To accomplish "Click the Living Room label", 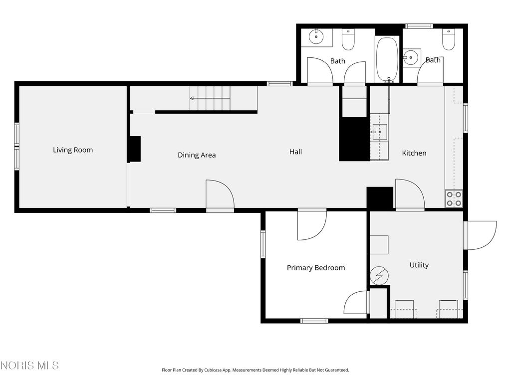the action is click(73, 150).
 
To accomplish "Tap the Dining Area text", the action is click(197, 155).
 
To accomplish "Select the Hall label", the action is click(295, 152).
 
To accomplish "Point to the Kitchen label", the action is click(414, 153).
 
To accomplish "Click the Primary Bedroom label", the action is click(316, 268).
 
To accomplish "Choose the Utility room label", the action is click(419, 265).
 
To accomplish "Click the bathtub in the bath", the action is click(387, 59).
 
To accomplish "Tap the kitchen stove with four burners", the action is click(454, 198).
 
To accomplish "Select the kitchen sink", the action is click(379, 132).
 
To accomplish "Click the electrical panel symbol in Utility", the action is click(379, 276).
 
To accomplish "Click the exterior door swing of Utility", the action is click(482, 235).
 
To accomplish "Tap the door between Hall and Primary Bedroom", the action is click(312, 226).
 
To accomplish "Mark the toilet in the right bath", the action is click(448, 39).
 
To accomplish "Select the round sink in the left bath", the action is click(316, 36).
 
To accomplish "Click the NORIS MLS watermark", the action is click(29, 365).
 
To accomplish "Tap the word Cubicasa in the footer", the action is click(213, 370).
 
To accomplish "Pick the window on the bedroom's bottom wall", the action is click(314, 321).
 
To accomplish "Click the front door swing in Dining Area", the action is click(220, 194).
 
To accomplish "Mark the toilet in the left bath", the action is click(348, 39).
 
